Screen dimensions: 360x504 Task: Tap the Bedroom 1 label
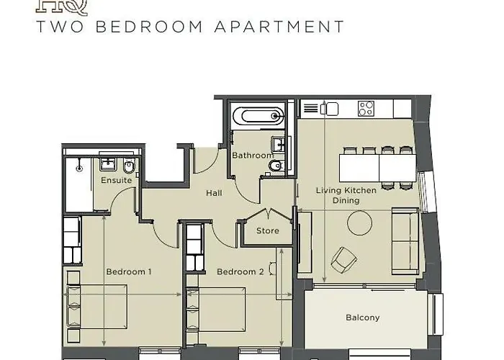129,271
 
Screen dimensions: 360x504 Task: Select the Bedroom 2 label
240,271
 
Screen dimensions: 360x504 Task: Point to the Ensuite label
116,179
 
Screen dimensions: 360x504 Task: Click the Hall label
214,193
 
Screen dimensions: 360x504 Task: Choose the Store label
268,231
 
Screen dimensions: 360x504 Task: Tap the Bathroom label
252,156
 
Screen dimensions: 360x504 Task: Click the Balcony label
362,318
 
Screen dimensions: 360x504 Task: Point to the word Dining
346,202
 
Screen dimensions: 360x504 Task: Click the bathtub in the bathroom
258,115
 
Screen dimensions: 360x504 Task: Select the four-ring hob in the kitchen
366,109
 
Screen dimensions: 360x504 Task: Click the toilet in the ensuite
128,168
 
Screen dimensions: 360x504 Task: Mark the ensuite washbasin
108,163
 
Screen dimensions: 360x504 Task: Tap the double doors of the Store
268,216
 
